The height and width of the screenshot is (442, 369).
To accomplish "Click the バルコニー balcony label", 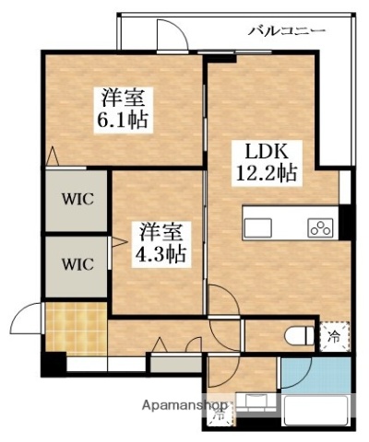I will click(x=286, y=31).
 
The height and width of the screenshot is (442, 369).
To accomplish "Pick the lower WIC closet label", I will click(x=77, y=263).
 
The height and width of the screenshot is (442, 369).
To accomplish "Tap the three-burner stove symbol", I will click(x=321, y=227).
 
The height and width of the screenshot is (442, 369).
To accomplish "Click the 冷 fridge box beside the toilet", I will click(x=333, y=338).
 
